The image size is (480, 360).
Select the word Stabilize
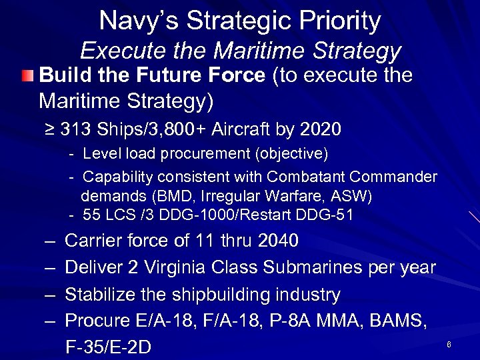(x=103, y=294)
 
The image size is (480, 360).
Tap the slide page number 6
(x=449, y=345)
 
